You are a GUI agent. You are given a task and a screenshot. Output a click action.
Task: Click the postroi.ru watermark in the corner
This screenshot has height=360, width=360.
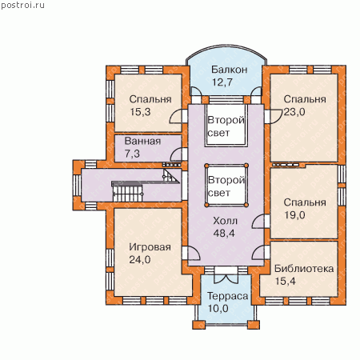(x=22, y=6)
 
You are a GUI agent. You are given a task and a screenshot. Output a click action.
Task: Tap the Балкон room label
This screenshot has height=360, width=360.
(x=230, y=70)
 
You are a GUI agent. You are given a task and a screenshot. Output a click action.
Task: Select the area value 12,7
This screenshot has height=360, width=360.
(x=222, y=82)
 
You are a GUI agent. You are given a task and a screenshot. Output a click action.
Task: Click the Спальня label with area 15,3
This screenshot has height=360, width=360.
(x=150, y=99)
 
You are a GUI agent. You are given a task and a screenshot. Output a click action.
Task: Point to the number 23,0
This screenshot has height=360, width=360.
(x=294, y=112)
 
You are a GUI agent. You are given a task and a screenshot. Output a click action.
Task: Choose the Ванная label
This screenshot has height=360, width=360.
(x=142, y=141)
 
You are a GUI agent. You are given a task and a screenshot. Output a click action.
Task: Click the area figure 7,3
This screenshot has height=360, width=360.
(x=132, y=154)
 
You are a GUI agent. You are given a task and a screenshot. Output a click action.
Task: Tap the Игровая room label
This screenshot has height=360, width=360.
(x=150, y=247)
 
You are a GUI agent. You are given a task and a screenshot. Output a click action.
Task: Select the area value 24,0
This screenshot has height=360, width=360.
(x=140, y=259)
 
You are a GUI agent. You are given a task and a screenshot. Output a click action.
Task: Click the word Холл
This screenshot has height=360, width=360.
(x=226, y=221)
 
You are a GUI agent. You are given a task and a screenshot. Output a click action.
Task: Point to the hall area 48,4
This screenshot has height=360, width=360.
(x=224, y=234)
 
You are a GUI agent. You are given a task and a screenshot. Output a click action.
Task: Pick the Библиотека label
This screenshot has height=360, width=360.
(x=304, y=269)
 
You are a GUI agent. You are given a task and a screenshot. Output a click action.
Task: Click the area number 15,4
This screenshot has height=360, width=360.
(x=286, y=281)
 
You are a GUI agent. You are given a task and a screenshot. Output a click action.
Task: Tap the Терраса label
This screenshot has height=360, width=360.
(x=227, y=296)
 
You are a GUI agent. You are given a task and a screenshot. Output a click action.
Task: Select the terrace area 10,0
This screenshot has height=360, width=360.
(x=218, y=309)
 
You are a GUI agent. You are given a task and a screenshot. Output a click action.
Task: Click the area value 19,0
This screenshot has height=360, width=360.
(x=294, y=215)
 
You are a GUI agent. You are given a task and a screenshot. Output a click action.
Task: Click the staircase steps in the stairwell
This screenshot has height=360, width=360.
(x=127, y=192)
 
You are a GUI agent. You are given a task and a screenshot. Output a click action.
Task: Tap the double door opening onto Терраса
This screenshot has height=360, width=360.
(x=226, y=275)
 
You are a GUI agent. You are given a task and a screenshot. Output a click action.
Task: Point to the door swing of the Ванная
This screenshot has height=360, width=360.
(x=176, y=155)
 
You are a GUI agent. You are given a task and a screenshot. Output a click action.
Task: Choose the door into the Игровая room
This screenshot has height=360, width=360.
(x=191, y=253)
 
